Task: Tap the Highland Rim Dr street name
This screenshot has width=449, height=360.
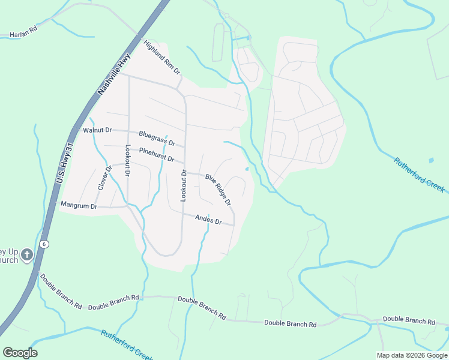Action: (161, 57)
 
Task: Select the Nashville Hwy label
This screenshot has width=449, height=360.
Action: (114, 73)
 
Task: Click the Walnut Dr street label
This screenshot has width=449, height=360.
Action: (98, 130)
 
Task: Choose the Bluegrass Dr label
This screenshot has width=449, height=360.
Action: (157, 139)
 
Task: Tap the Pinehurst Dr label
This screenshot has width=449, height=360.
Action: (156, 155)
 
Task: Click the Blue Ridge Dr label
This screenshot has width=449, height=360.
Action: (218, 190)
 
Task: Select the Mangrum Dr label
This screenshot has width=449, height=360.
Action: (79, 205)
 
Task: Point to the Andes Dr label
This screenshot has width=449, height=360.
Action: (208, 220)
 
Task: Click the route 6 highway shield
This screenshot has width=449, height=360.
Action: (44, 244)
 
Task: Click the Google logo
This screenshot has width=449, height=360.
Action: (20, 353)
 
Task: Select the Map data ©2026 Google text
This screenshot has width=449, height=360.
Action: (411, 355)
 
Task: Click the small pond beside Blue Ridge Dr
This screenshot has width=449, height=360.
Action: (247, 169)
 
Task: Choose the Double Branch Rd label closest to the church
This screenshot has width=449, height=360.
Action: (61, 291)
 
